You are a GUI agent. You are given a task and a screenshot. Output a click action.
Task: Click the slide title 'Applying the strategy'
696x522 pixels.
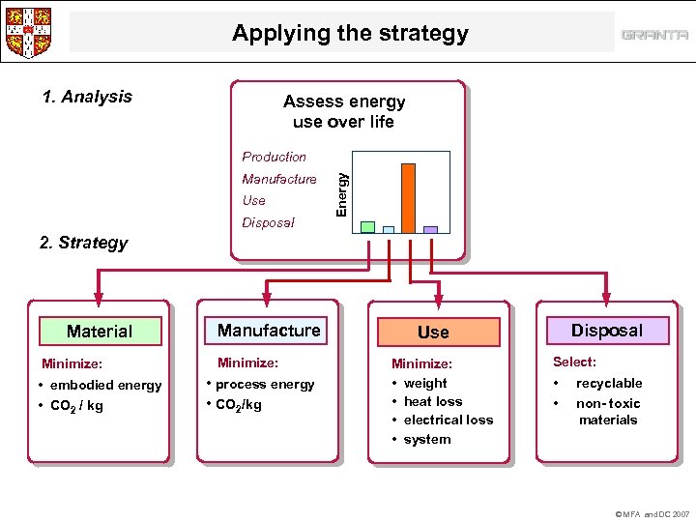(x=350, y=34)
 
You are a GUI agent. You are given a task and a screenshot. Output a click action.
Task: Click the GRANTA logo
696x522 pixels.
(x=654, y=35)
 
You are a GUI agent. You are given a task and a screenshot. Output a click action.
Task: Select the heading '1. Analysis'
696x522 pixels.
(x=87, y=97)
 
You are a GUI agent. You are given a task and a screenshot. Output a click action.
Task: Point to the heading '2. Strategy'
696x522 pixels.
(x=84, y=242)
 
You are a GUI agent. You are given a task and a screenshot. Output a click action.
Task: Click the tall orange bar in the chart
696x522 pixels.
(x=408, y=198)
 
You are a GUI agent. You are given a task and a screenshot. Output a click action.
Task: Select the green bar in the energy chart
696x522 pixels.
(x=367, y=227)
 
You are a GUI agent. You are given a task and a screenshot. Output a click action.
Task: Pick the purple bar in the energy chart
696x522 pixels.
(x=430, y=230)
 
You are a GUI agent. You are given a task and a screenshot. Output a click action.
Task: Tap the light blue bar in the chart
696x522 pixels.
(x=389, y=230)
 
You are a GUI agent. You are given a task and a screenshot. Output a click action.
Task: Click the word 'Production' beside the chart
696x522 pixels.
(x=274, y=157)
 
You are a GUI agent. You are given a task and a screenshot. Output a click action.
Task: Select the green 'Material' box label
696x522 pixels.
(x=100, y=332)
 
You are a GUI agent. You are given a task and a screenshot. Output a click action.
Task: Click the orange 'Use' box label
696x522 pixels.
(x=433, y=332)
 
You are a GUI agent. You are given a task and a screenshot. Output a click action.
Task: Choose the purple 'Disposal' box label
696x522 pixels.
(x=607, y=331)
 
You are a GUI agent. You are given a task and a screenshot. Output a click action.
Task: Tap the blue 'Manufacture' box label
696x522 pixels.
(x=269, y=331)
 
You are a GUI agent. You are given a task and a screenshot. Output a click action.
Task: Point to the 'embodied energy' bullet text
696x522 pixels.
(x=105, y=385)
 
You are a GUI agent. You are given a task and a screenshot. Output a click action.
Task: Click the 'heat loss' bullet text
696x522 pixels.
(x=433, y=401)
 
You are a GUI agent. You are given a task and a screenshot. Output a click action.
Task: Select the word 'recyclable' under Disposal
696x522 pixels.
(x=609, y=383)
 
